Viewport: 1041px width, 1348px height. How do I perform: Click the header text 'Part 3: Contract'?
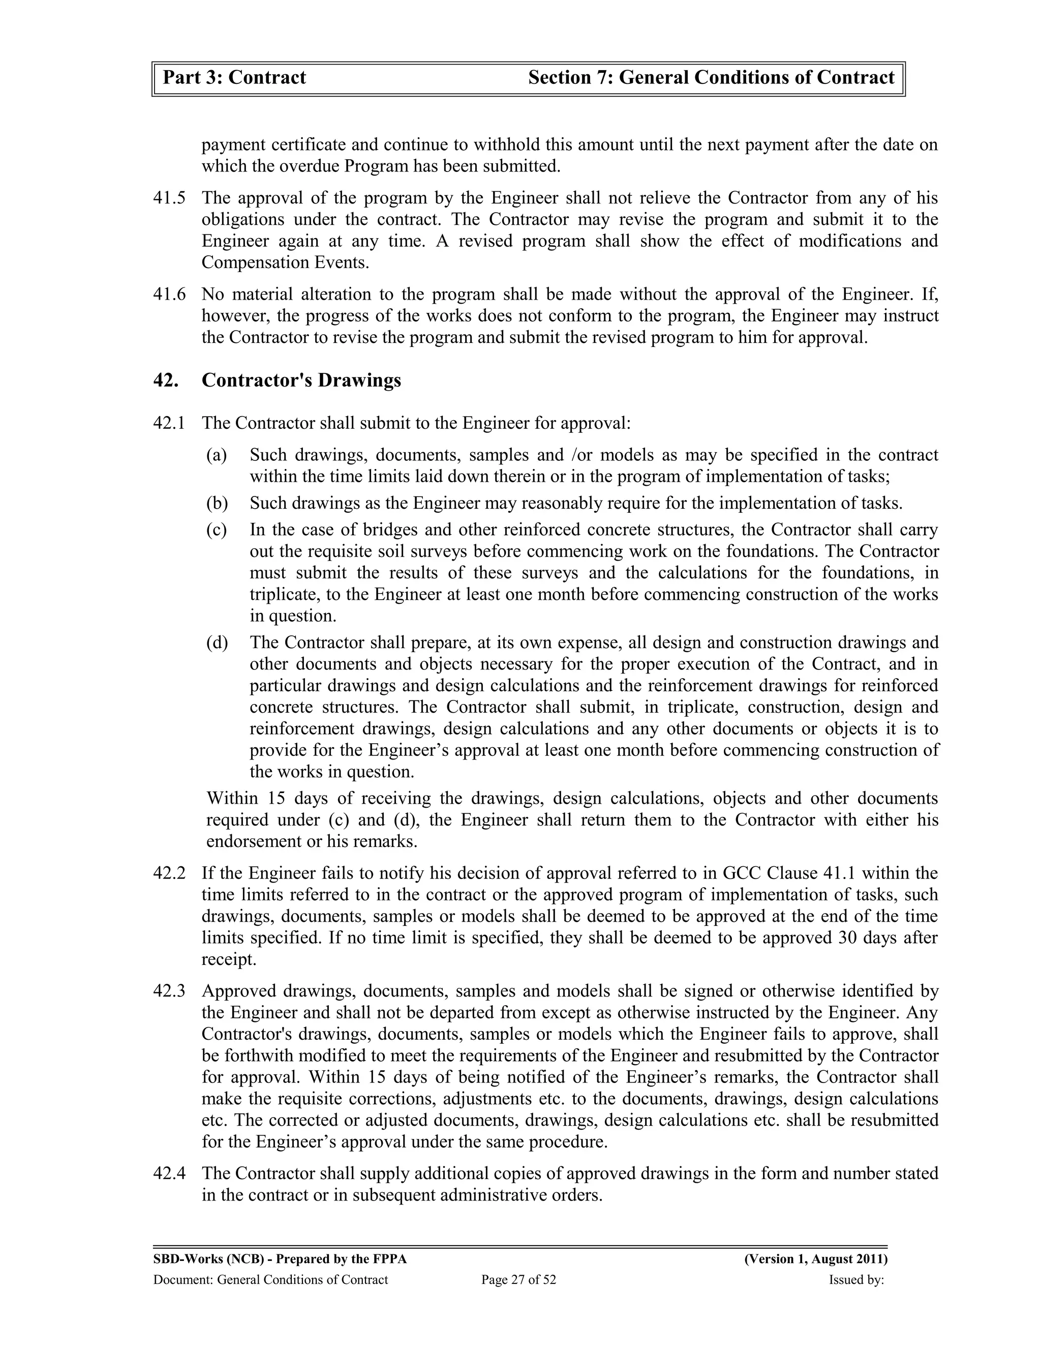coord(234,78)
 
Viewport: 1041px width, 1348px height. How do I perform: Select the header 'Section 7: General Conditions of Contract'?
coord(711,78)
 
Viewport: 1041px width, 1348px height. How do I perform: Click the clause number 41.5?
coord(169,198)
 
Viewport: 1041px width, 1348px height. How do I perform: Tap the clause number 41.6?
coord(169,295)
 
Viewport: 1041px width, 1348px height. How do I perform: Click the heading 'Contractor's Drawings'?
coord(301,380)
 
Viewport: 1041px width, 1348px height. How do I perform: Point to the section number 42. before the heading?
coord(165,380)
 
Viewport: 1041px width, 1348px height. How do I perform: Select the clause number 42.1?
coord(169,423)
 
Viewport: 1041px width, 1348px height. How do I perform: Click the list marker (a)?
coord(217,455)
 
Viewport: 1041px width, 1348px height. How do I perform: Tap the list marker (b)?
coord(217,503)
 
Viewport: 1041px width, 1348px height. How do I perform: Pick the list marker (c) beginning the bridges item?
coord(217,530)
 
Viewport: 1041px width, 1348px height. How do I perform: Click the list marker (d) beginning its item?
coord(217,642)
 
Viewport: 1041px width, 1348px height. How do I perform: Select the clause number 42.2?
coord(169,873)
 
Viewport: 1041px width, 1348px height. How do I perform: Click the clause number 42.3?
coord(169,991)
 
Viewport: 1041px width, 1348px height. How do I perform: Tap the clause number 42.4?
coord(169,1174)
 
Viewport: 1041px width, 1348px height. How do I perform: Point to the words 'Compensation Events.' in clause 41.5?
coord(286,263)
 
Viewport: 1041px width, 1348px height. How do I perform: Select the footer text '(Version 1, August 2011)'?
coord(816,1259)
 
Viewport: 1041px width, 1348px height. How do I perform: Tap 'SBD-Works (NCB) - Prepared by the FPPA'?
coord(280,1259)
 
